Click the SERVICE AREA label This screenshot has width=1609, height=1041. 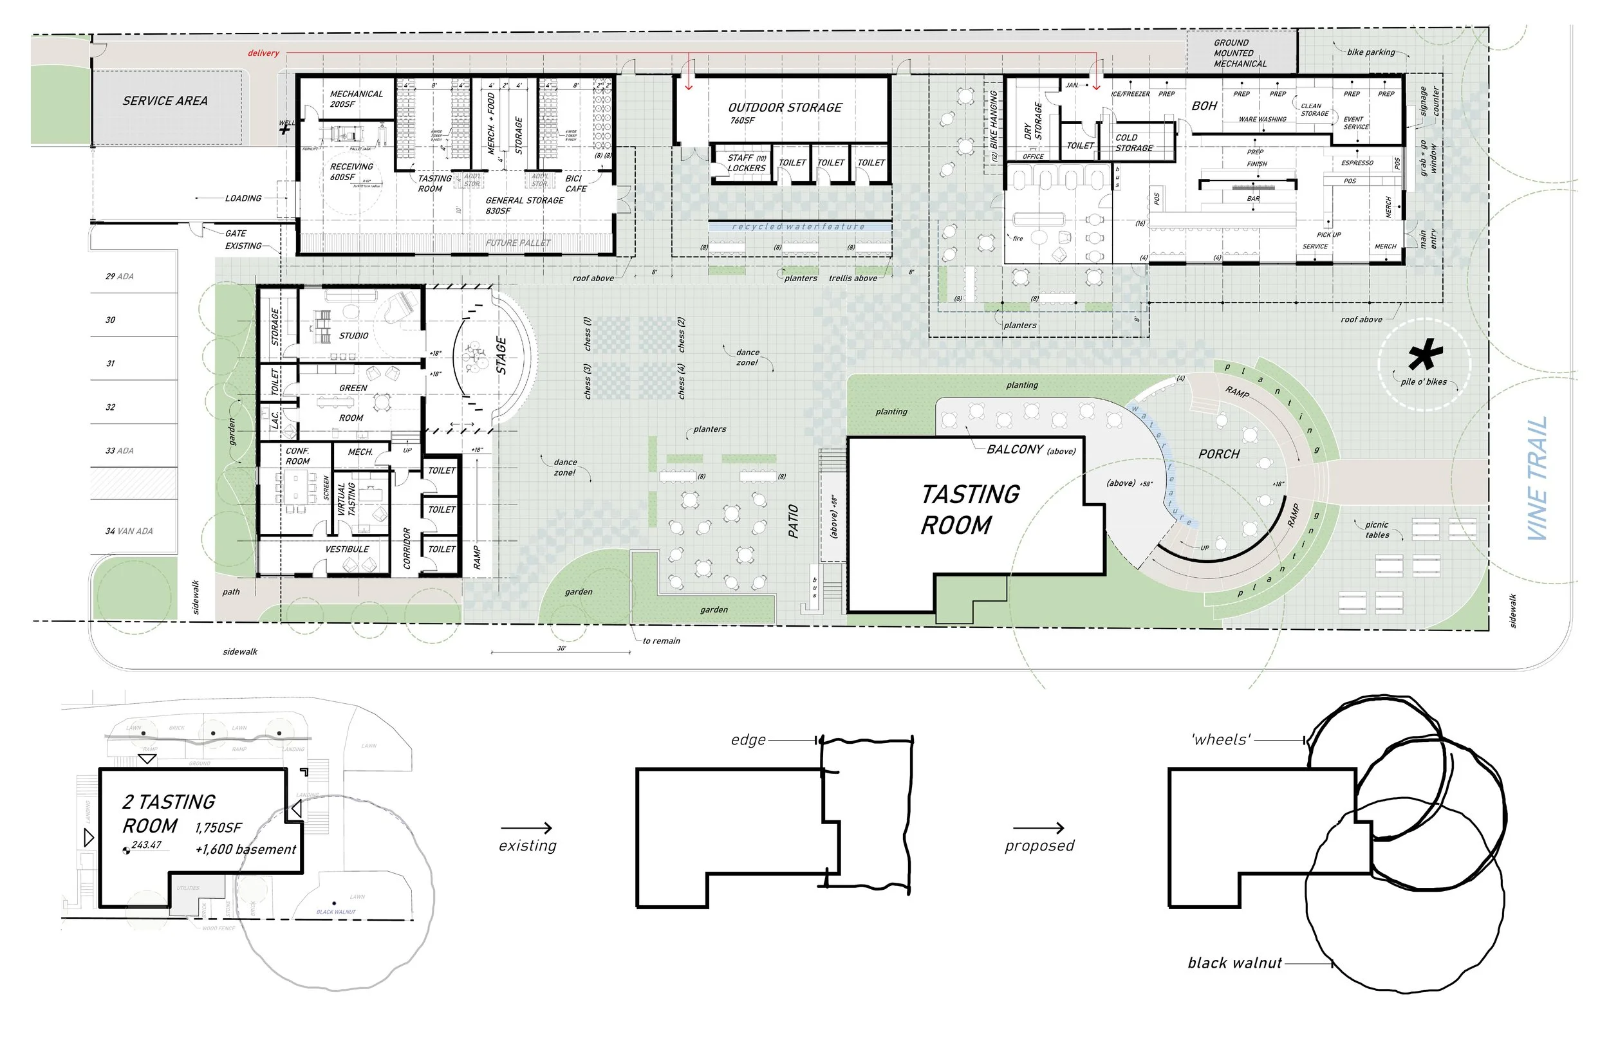pyautogui.click(x=165, y=101)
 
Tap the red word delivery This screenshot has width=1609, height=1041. pyautogui.click(x=263, y=53)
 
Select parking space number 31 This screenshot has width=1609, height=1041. pyautogui.click(x=110, y=364)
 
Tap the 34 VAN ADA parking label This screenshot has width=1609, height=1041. pyautogui.click(x=129, y=531)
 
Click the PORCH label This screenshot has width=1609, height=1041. pyautogui.click(x=1219, y=454)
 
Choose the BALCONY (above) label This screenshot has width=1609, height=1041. pyautogui.click(x=1030, y=450)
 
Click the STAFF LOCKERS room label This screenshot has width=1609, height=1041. pyautogui.click(x=746, y=163)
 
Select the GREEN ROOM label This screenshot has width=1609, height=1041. pyautogui.click(x=352, y=403)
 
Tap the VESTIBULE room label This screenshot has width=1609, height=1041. pyautogui.click(x=347, y=549)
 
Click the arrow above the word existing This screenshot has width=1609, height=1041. pyautogui.click(x=526, y=828)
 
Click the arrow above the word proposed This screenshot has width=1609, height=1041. pyautogui.click(x=1038, y=828)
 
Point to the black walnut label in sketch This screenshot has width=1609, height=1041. pyautogui.click(x=1234, y=963)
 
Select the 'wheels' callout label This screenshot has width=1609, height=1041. pyautogui.click(x=1221, y=740)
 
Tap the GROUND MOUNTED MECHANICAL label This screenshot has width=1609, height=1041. pyautogui.click(x=1240, y=53)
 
